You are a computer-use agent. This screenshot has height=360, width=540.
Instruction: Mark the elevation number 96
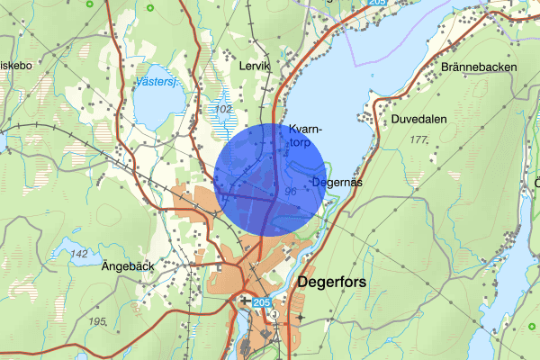290,192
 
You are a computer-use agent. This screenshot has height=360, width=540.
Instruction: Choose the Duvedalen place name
419,118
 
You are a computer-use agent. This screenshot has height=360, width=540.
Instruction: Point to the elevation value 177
418,139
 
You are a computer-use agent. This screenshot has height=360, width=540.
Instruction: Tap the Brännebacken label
478,67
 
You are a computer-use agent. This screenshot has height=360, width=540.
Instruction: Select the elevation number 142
79,255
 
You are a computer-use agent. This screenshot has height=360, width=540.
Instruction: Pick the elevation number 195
98,320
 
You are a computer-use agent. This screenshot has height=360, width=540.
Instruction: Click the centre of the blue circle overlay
270,179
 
